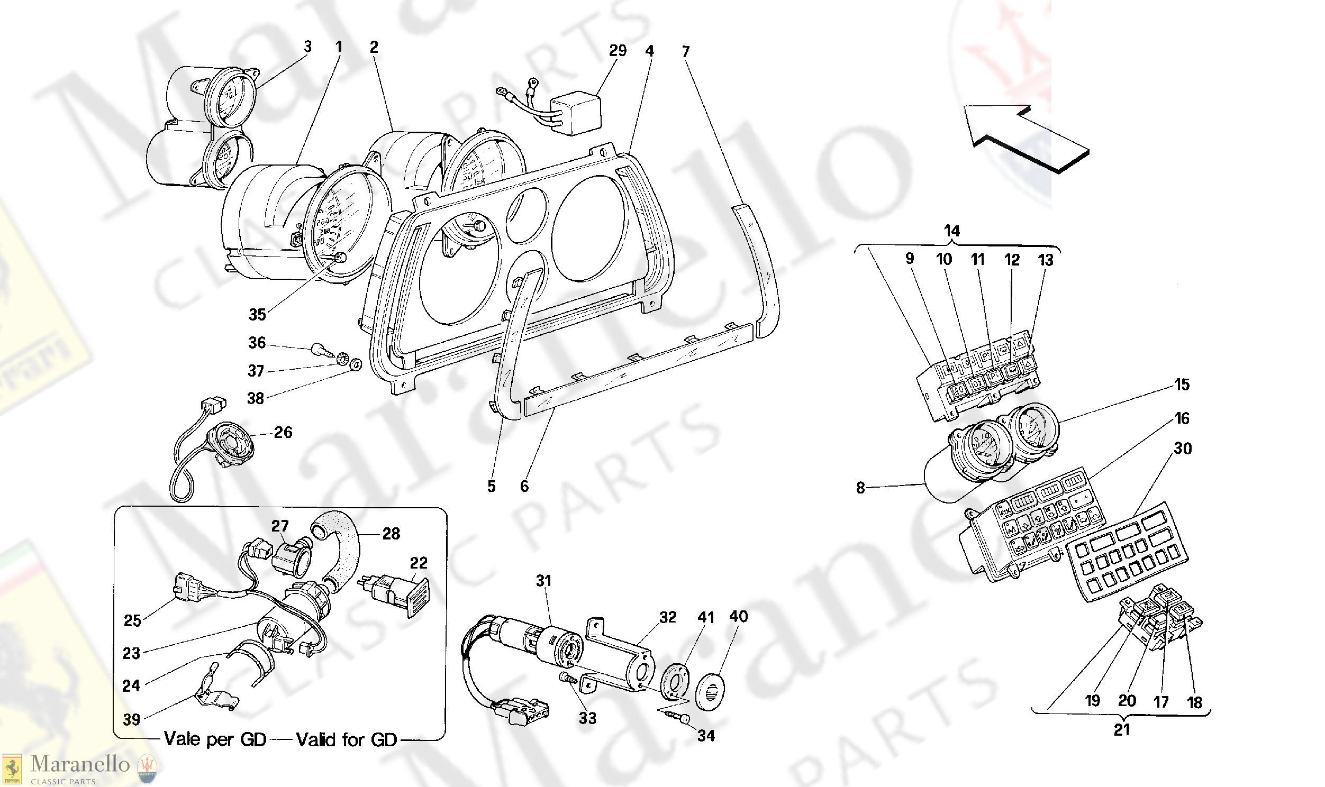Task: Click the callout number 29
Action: tap(618, 51)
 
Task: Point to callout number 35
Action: tap(257, 315)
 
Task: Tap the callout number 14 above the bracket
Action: tap(952, 231)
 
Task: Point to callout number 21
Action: tap(1122, 730)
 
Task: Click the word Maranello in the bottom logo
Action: tap(80, 764)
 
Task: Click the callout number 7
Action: tap(686, 52)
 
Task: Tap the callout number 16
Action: tap(1182, 418)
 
